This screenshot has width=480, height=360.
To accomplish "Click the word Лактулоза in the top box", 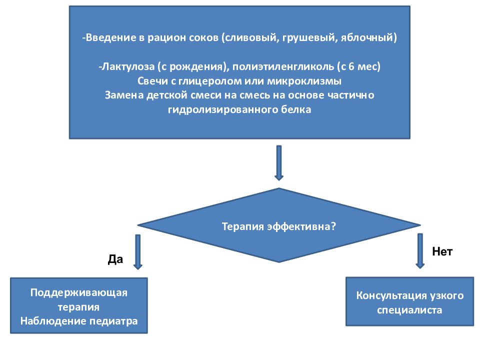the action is coord(128,66).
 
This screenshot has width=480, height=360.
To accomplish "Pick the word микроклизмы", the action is coord(304,81).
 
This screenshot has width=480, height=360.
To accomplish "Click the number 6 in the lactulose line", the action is coord(351,66).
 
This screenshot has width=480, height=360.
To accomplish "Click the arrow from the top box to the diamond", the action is coord(279,163).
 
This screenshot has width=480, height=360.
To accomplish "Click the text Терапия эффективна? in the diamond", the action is coord(279,226).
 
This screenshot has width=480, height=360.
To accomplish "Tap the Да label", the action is coord(115,259).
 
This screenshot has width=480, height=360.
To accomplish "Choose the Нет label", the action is coord(442,251).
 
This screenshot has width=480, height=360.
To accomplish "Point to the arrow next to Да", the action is coord(138,252).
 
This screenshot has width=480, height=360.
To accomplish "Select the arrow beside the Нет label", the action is coord(420,251).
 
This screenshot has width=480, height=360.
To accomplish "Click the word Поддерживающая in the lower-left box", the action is coord(79,292).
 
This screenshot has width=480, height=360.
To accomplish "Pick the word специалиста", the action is coord(409,310).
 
